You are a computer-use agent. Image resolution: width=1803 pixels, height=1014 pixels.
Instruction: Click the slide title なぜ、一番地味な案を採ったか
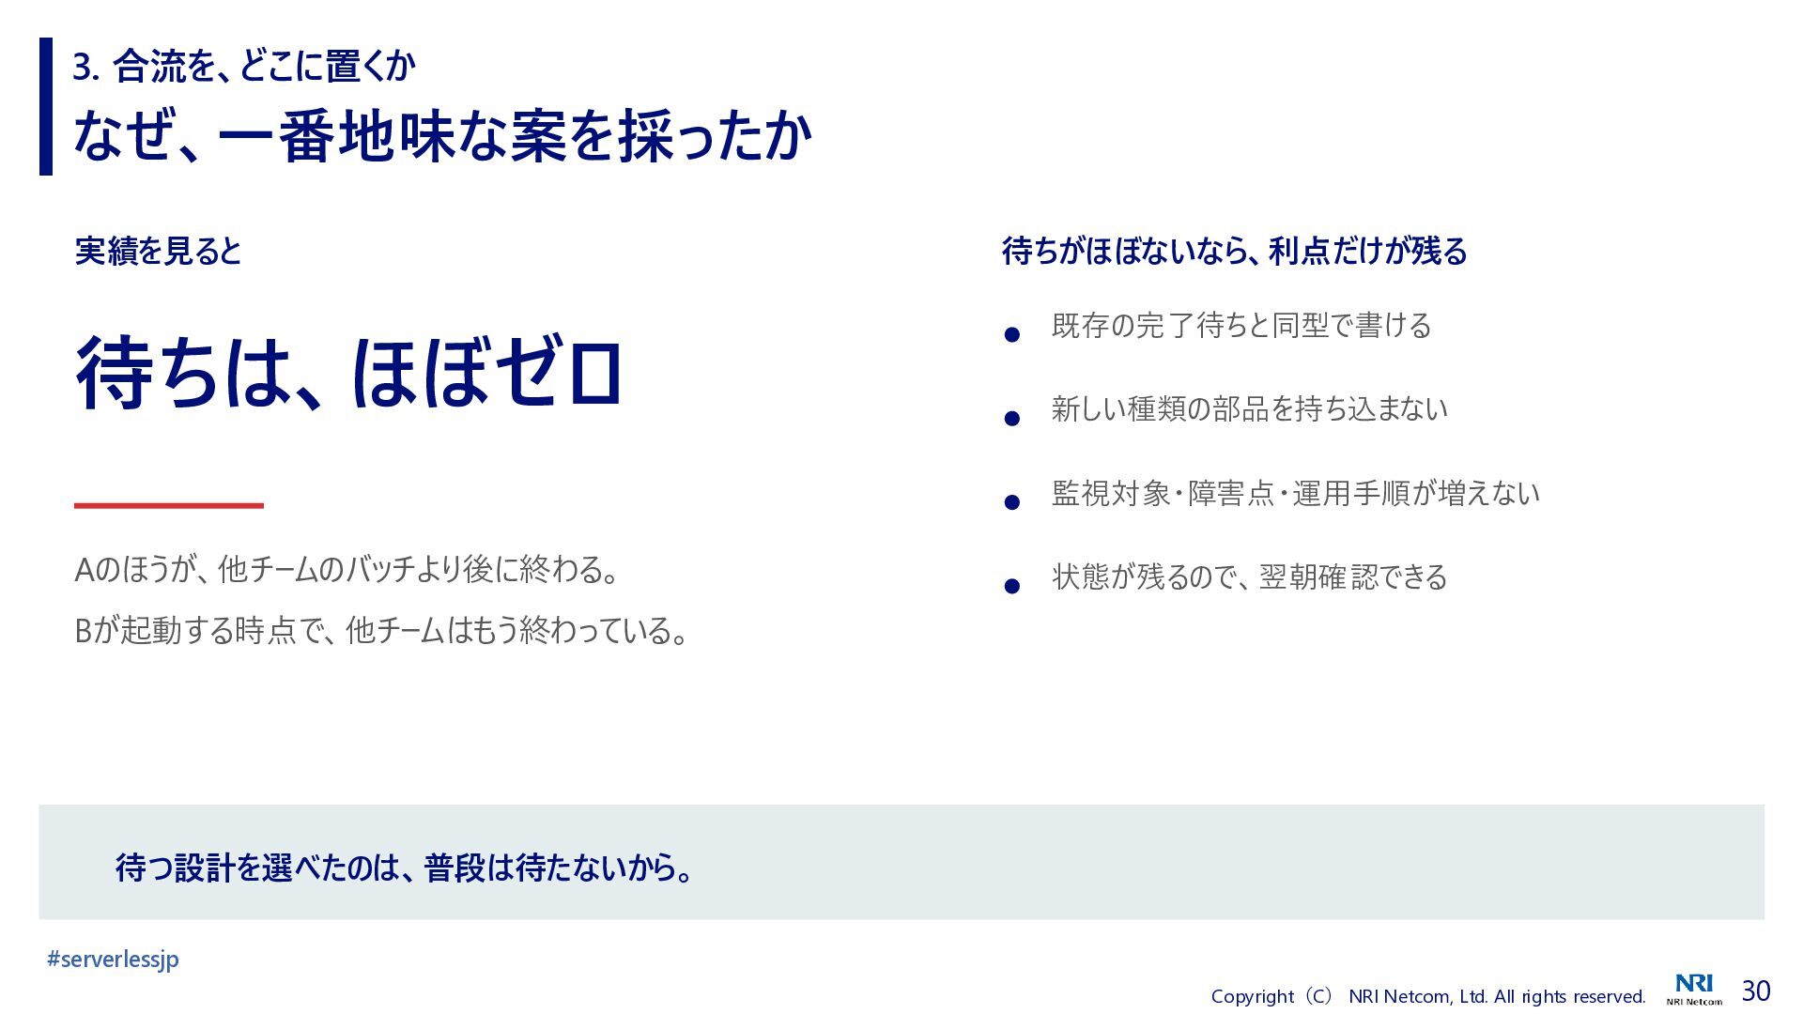[x=442, y=136]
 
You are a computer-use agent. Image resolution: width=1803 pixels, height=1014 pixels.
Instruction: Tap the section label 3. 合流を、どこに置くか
[x=244, y=66]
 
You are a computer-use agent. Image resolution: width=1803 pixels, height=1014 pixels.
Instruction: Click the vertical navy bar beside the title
[x=46, y=106]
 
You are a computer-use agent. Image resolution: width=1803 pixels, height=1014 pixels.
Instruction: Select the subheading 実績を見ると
[x=158, y=251]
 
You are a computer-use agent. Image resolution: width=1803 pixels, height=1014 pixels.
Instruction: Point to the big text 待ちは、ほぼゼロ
[x=348, y=373]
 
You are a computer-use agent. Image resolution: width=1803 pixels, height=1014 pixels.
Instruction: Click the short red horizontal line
[x=169, y=505]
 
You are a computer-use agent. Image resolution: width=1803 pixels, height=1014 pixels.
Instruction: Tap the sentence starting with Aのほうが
[x=347, y=569]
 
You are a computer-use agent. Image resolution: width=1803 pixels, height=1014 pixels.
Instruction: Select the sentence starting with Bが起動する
[x=381, y=630]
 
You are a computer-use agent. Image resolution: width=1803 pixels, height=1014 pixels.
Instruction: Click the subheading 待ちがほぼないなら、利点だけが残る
[x=1234, y=251]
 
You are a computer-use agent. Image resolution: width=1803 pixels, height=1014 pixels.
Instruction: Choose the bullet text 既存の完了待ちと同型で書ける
[x=1241, y=326]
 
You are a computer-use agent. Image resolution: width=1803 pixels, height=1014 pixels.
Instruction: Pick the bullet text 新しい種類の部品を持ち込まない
[x=1249, y=408]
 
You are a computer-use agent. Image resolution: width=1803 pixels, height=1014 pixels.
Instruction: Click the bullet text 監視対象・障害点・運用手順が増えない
[x=1295, y=493]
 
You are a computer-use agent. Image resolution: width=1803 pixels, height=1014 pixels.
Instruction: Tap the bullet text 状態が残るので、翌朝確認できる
[x=1249, y=576]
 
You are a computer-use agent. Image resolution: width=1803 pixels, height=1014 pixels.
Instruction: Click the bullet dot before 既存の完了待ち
[x=1012, y=334]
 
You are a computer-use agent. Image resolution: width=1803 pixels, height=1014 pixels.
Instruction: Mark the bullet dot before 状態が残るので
[x=1012, y=587]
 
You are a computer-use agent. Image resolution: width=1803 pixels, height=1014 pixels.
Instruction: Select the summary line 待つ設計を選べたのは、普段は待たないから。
[x=405, y=868]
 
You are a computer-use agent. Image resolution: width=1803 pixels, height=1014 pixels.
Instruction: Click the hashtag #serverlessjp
[x=113, y=959]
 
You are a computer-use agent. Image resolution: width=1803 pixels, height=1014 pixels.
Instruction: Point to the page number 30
[x=1756, y=991]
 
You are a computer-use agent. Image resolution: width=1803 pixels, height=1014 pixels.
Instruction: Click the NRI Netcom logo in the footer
[x=1694, y=990]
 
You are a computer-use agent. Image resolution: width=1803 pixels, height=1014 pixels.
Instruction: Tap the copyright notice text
[x=1428, y=996]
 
